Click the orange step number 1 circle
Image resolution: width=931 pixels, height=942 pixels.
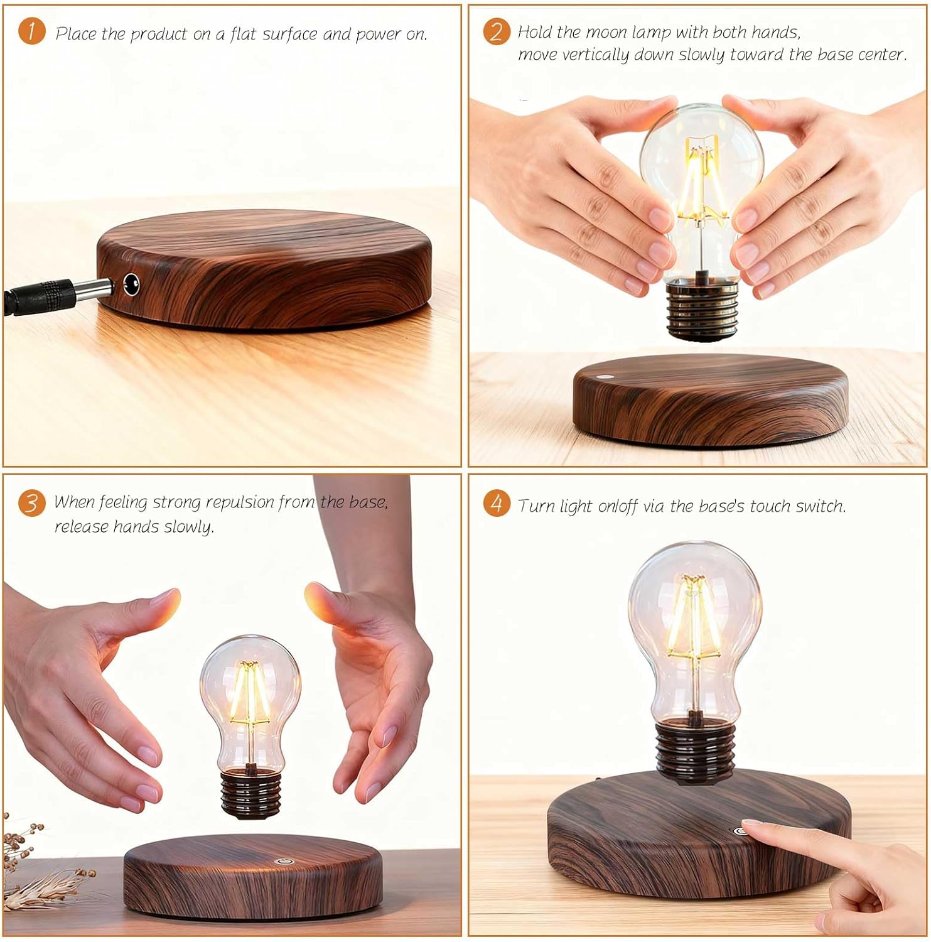[31, 31]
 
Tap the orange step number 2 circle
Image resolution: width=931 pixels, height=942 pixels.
[496, 31]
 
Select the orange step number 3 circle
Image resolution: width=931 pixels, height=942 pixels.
[31, 503]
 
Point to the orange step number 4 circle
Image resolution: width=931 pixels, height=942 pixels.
[496, 503]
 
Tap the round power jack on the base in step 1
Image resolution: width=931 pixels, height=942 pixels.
[131, 284]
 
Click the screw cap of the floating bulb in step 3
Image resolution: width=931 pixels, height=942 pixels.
[249, 794]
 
